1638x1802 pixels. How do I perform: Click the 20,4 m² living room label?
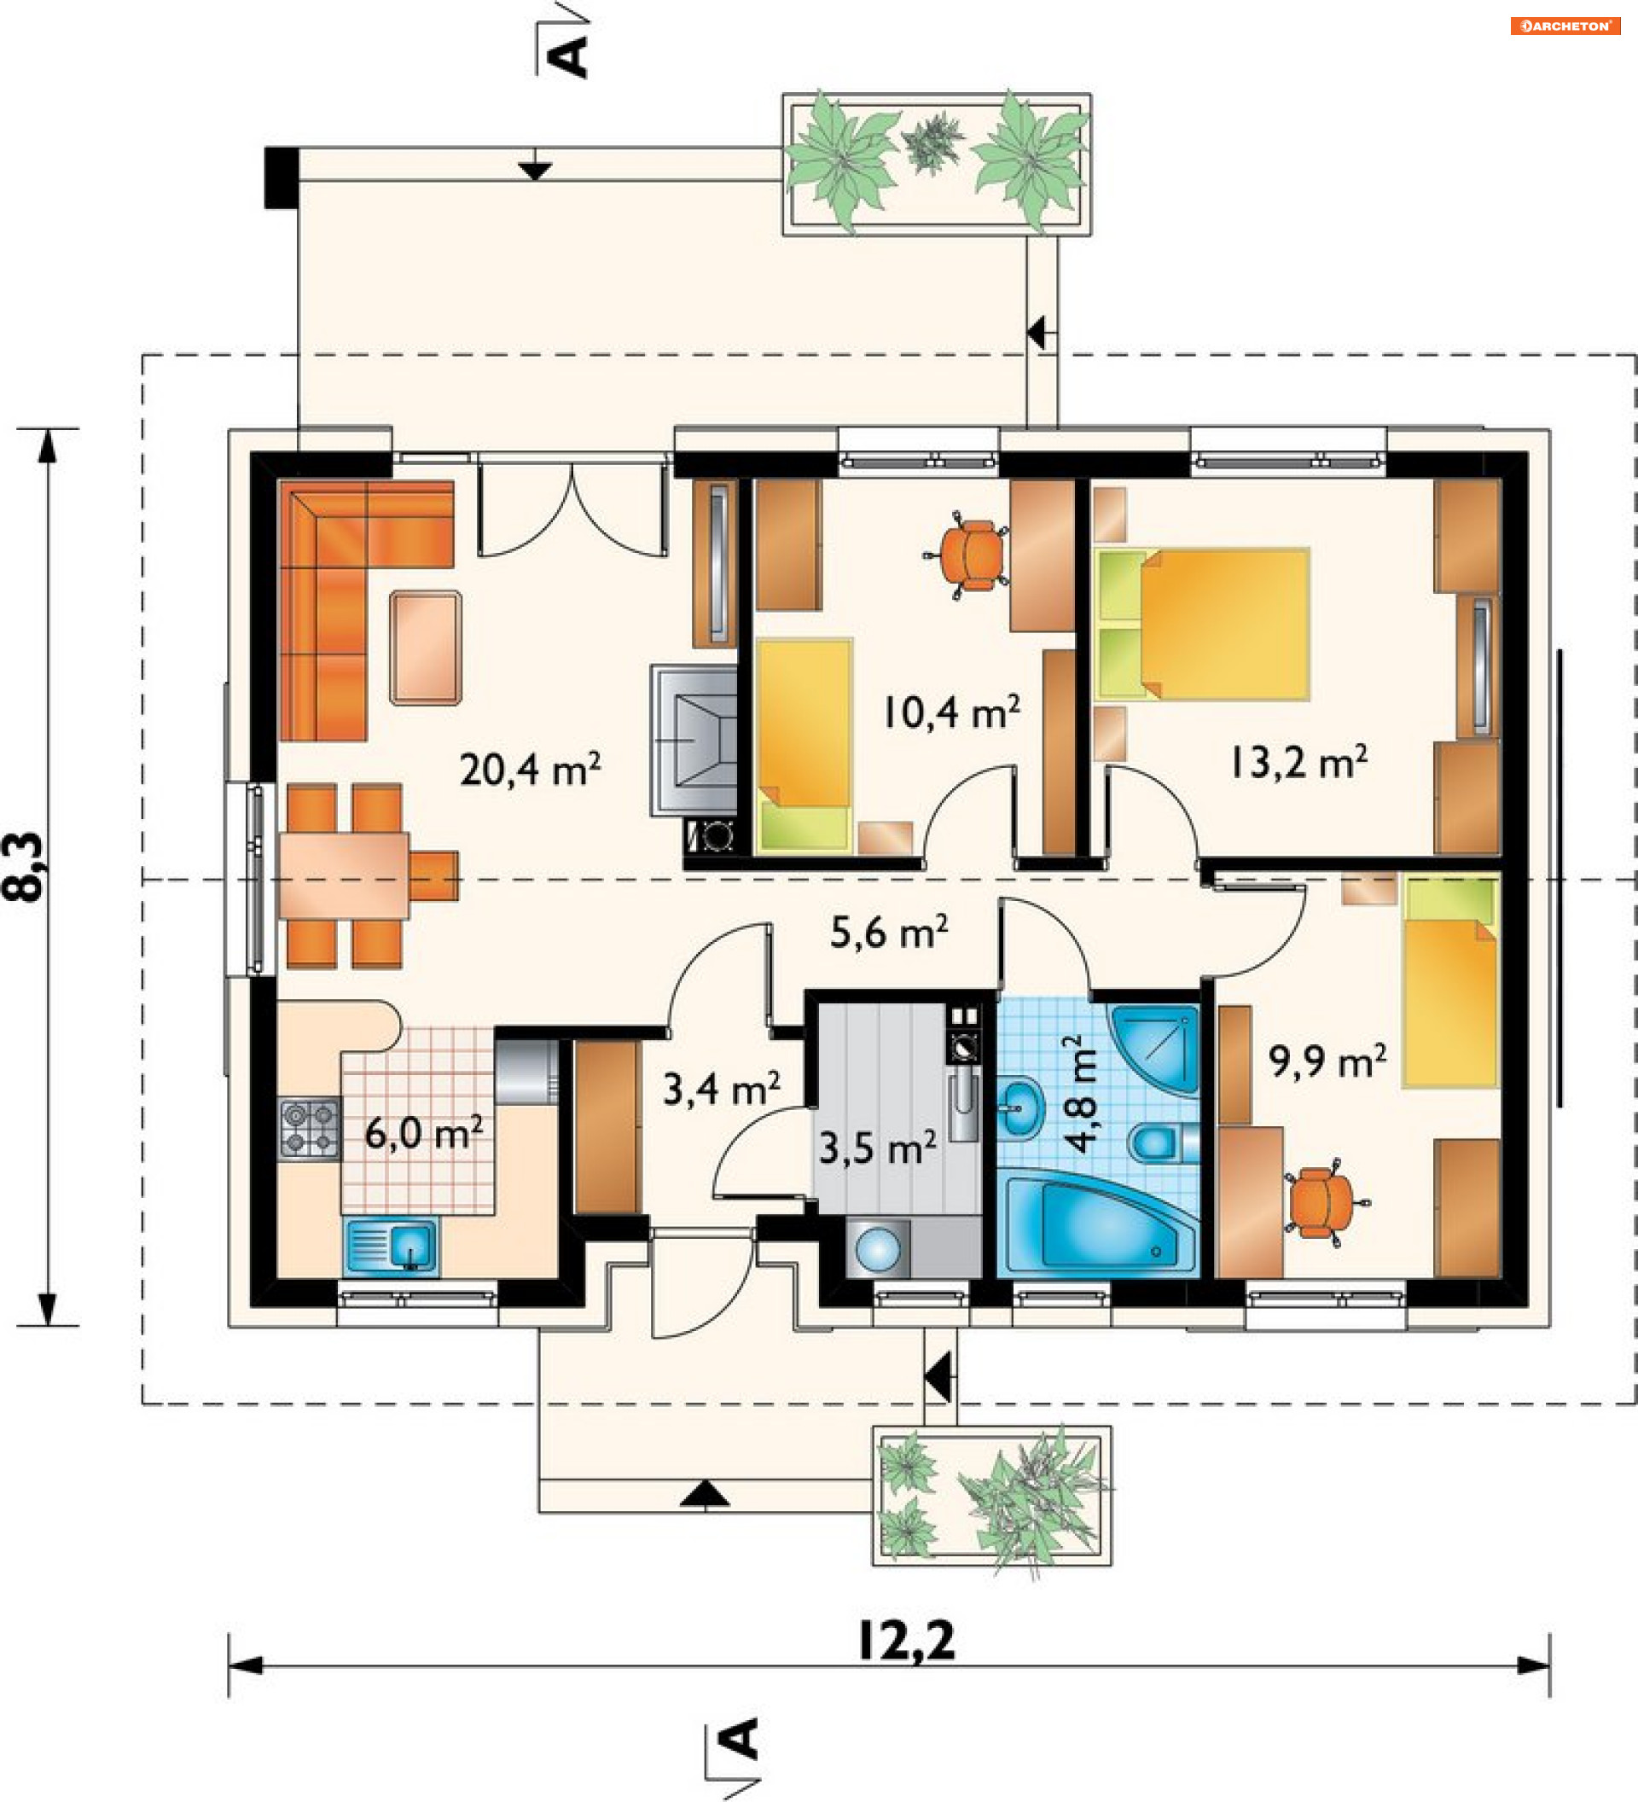[530, 769]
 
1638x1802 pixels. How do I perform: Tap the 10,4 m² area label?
[952, 712]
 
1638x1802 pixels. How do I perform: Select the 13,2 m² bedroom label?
[1298, 762]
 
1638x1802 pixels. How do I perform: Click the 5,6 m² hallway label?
[889, 932]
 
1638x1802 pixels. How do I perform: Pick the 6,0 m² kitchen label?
[423, 1132]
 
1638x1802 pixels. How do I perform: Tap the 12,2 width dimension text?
[906, 1640]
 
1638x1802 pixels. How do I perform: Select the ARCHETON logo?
[1565, 26]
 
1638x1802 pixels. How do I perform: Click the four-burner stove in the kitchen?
[309, 1129]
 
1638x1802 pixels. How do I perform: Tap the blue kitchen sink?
[392, 1245]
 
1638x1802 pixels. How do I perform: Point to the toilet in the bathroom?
[1163, 1143]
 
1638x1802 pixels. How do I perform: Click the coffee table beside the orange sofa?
[427, 647]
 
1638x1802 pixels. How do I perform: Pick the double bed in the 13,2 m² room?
[1203, 623]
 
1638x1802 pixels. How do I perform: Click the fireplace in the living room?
[694, 741]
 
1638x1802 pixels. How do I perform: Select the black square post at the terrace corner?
[282, 177]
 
